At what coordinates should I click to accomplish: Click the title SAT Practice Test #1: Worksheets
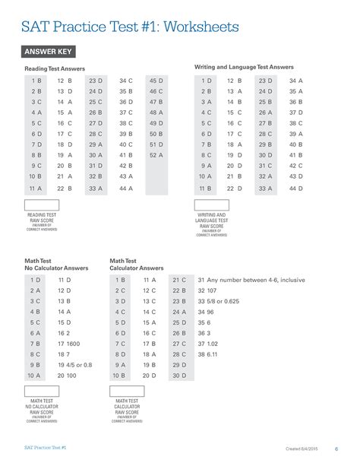coord(129,27)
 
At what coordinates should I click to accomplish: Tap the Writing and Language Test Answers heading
coord(244,67)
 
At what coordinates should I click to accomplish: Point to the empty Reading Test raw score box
coord(42,205)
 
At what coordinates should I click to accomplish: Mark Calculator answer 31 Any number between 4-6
coord(251,280)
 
